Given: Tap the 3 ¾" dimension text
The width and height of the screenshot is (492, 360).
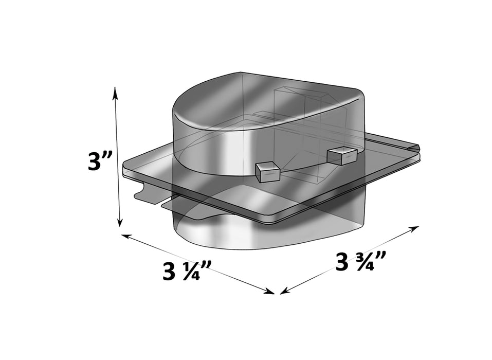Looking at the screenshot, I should pos(360,262).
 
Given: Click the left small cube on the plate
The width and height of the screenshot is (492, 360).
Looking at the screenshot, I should pos(267,171).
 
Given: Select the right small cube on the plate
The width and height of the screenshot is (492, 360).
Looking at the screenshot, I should pos(342,155).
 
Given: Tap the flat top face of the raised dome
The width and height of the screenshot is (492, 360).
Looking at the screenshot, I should pos(257,103).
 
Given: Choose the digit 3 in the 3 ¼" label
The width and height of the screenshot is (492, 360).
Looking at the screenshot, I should pos(169,272).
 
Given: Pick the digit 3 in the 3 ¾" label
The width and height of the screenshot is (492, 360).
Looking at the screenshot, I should pos(342,262).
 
